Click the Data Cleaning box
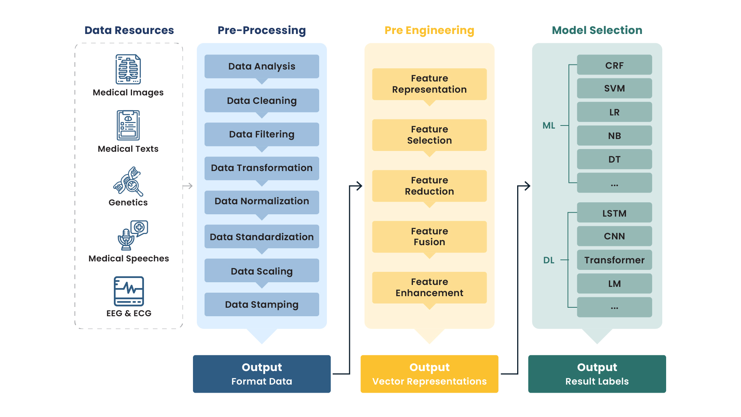click(x=262, y=101)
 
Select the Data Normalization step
click(x=262, y=202)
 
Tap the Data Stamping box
click(x=262, y=305)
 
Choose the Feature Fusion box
click(x=430, y=237)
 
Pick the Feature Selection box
click(x=430, y=135)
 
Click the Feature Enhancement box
click(x=430, y=288)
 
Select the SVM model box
click(x=614, y=88)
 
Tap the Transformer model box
click(x=614, y=260)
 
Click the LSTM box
click(x=614, y=213)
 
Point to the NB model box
click(x=614, y=136)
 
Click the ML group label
click(x=549, y=125)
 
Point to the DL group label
click(x=549, y=260)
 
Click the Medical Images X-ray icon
click(x=128, y=69)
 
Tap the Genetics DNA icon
click(x=128, y=181)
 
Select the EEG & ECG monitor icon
click(x=129, y=291)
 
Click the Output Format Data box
click(x=262, y=374)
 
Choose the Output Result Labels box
click(x=597, y=374)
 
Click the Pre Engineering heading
click(x=429, y=30)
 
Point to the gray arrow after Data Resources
click(x=188, y=186)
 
